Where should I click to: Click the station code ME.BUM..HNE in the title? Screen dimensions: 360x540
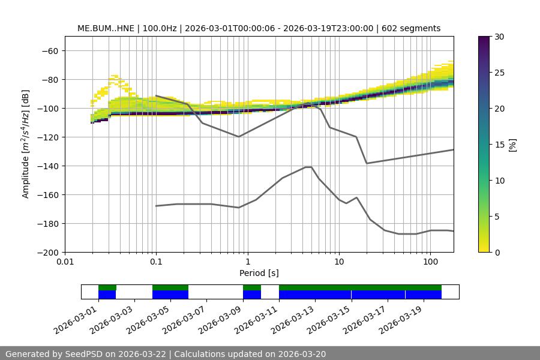[x=107, y=28]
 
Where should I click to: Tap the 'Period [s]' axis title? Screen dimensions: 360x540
[x=259, y=273]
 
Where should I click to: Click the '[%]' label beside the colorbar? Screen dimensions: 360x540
[x=512, y=145]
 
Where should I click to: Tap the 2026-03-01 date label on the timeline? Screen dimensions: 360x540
[x=76, y=321]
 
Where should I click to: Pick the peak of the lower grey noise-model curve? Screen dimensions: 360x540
[x=308, y=167]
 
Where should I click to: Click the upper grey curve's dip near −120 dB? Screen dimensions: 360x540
[x=239, y=136]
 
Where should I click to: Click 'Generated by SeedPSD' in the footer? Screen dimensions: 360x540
[x=60, y=354]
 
